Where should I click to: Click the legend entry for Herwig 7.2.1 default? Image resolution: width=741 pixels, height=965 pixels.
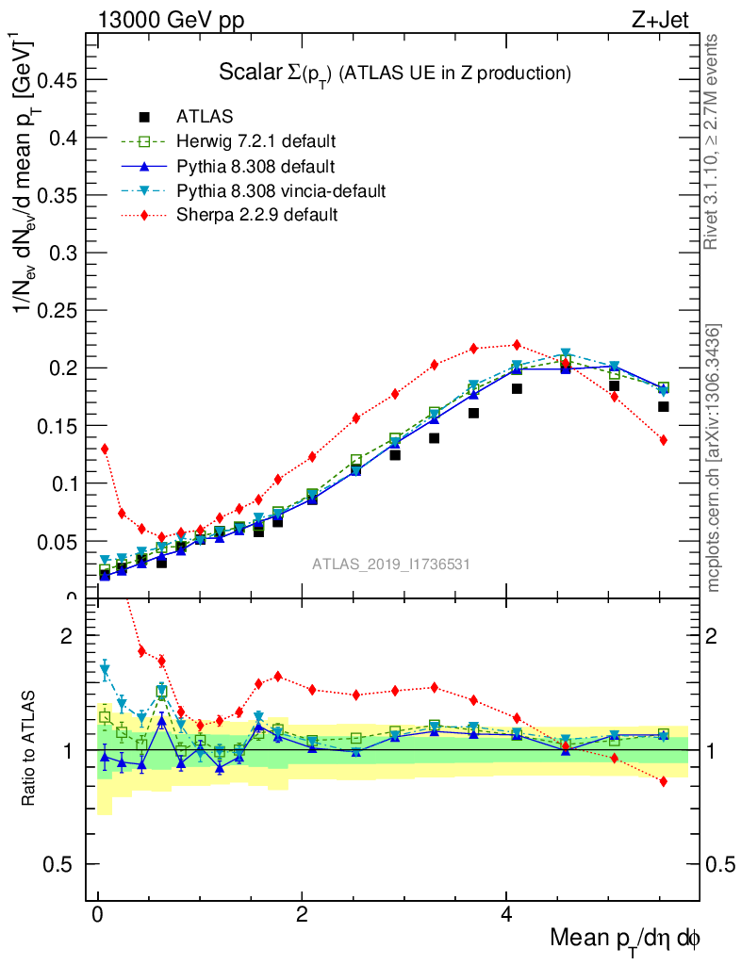pyautogui.click(x=255, y=142)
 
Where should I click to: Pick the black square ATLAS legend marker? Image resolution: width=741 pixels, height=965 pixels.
pyautogui.click(x=144, y=118)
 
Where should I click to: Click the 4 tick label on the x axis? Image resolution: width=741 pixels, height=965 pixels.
pyautogui.click(x=506, y=916)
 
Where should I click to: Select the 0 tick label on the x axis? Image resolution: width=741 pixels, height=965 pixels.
pyautogui.click(x=97, y=916)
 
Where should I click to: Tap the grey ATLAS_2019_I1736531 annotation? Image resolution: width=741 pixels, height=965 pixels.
pyautogui.click(x=391, y=564)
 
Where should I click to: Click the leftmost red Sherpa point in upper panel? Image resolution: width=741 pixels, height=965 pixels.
pyautogui.click(x=104, y=449)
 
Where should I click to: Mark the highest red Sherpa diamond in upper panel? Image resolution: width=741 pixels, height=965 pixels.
pyautogui.click(x=516, y=345)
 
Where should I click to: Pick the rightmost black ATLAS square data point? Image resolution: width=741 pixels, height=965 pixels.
pyautogui.click(x=663, y=407)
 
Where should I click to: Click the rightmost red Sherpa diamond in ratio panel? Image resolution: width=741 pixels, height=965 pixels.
pyautogui.click(x=663, y=781)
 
